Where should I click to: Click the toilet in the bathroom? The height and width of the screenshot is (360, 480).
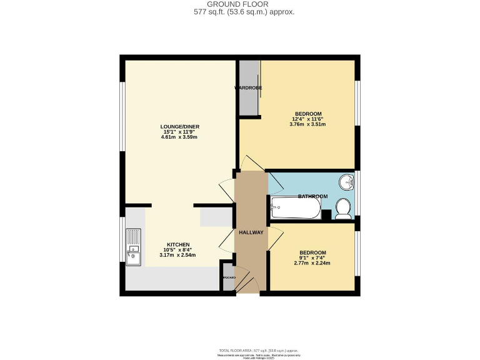(342, 208)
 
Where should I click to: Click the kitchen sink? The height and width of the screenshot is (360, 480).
(134, 247)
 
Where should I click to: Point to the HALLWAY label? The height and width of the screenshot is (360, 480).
(251, 232)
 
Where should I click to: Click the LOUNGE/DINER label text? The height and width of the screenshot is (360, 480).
(180, 126)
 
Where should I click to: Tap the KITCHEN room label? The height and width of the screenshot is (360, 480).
(177, 244)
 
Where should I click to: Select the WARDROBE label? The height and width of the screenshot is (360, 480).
(247, 88)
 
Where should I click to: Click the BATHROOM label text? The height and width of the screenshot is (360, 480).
(312, 196)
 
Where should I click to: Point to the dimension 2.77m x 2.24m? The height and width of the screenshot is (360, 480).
(313, 263)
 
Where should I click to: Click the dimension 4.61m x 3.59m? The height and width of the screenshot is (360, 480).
(180, 137)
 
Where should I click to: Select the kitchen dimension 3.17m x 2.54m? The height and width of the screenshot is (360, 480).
(177, 255)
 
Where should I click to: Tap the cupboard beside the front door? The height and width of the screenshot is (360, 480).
(227, 277)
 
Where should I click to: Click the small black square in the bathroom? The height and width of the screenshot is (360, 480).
(326, 214)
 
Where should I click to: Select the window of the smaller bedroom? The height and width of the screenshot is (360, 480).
(357, 252)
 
